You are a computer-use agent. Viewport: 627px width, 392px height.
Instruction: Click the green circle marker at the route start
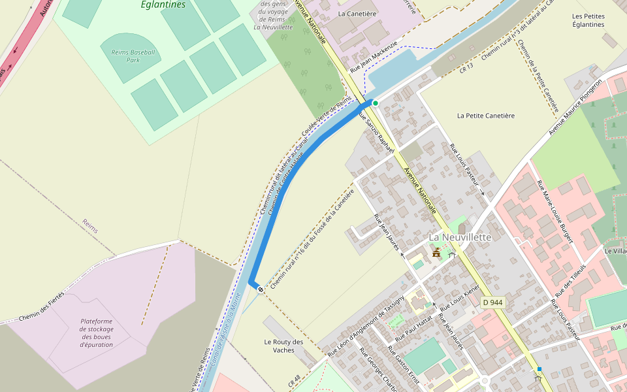click(376, 103)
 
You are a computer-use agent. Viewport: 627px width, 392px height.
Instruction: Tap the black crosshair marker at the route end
click(261, 289)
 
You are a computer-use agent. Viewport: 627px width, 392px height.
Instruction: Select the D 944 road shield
click(493, 302)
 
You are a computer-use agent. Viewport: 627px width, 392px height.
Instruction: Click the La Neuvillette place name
click(459, 237)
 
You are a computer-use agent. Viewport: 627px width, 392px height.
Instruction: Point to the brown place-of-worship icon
click(436, 252)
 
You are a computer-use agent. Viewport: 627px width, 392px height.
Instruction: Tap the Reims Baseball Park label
click(133, 56)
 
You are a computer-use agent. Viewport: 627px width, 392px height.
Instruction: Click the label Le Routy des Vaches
click(283, 346)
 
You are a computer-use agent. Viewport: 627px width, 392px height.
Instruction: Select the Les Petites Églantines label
click(588, 20)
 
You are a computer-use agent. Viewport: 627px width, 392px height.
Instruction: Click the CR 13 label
click(466, 67)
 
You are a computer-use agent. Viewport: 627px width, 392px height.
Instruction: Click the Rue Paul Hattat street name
click(414, 329)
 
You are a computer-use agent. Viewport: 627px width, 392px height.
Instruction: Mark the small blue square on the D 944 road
click(539, 369)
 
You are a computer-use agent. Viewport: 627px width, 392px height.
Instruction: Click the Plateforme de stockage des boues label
click(97, 333)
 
